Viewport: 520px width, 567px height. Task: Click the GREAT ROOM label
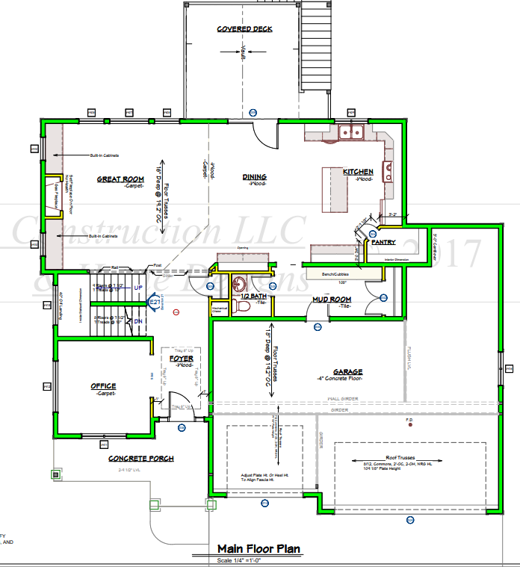click(x=120, y=179)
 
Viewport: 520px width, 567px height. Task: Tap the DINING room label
click(x=254, y=177)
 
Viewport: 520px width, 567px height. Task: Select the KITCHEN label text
click(x=358, y=172)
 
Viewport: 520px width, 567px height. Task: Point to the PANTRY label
click(x=383, y=243)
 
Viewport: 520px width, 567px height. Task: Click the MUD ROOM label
click(x=332, y=300)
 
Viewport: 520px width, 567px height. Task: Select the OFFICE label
click(x=103, y=386)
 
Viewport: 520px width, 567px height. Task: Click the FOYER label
click(x=181, y=359)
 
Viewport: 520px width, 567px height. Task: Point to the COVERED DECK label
click(x=244, y=30)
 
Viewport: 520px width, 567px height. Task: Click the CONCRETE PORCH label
click(x=141, y=458)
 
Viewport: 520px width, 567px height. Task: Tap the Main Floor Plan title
click(x=259, y=549)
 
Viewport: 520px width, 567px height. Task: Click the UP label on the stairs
click(x=137, y=287)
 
